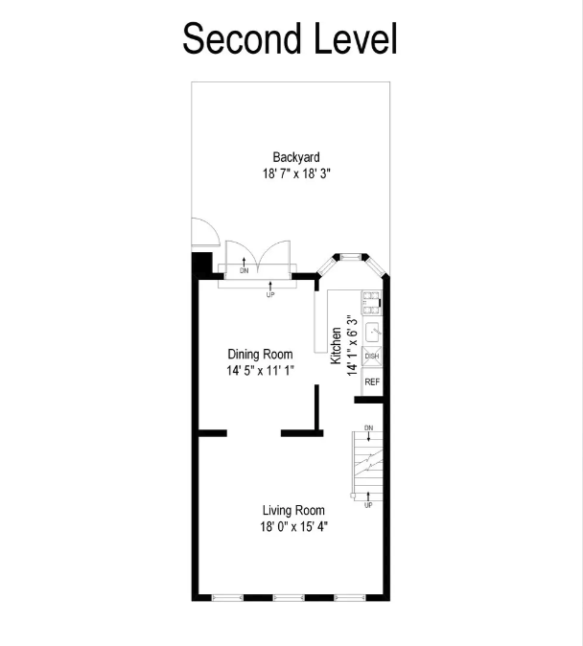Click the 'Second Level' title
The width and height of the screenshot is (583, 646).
290,38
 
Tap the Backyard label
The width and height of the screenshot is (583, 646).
296,157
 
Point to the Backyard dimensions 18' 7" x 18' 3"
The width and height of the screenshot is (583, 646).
296,173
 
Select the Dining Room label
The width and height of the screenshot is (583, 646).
260,354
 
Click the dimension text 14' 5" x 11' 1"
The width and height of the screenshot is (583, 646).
260,371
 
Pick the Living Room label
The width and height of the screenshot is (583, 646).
293,510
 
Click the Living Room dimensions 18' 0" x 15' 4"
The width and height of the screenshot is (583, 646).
294,526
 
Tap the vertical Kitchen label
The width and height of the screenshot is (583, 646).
336,345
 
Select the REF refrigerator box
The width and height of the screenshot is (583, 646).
372,381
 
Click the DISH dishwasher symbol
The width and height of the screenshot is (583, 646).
372,356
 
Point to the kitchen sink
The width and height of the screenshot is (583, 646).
372,332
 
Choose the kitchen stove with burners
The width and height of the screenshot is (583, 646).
371,303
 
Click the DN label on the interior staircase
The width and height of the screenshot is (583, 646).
368,428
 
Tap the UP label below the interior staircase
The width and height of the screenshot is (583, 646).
368,505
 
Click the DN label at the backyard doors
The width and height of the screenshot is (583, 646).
245,270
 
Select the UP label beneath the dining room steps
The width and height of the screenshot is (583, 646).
270,295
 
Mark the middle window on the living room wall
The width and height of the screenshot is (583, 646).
289,597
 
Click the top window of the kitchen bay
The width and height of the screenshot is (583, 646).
350,257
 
